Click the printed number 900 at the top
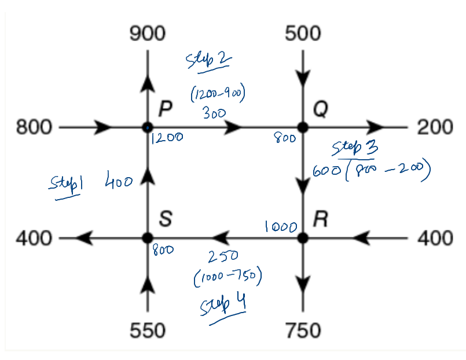[x=147, y=34]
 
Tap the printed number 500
[x=302, y=34]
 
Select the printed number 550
[x=147, y=330]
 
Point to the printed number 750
[x=303, y=330]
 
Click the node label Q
[x=320, y=108]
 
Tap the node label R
[x=320, y=219]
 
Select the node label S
[x=166, y=219]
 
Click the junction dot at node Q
[x=302, y=127]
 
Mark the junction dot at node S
[x=148, y=237]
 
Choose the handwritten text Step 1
[x=64, y=186]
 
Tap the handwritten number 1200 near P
[x=167, y=138]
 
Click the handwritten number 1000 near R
[x=281, y=227]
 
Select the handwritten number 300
[x=214, y=113]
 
